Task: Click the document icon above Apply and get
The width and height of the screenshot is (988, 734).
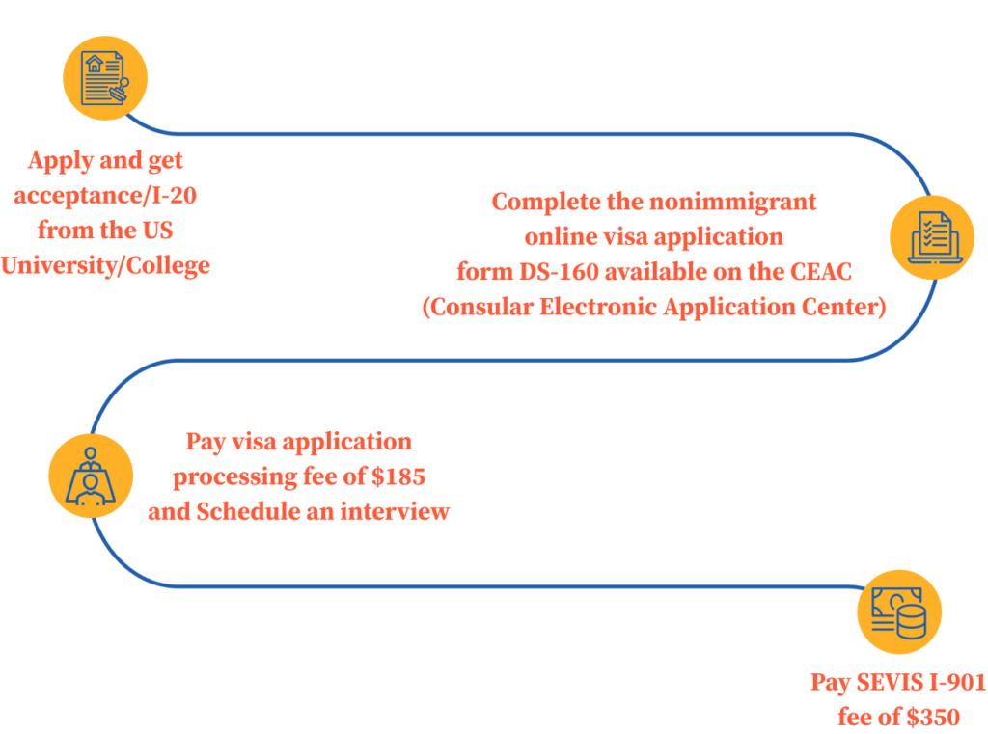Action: point(104,78)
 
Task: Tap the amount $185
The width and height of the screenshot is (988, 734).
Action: point(397,476)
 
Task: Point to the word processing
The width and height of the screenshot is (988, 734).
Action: point(231,476)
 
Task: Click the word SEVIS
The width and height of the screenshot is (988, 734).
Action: point(891,683)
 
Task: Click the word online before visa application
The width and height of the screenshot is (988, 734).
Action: point(563,237)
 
